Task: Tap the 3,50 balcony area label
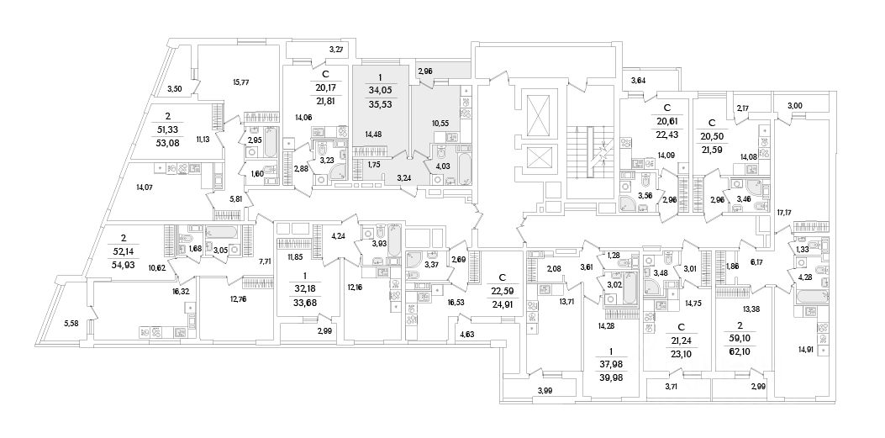click(x=175, y=89)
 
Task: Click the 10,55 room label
click(x=440, y=124)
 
